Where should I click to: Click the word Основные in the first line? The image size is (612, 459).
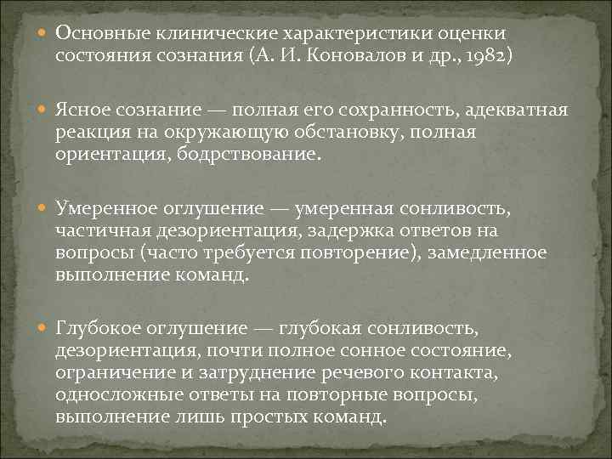point(102,33)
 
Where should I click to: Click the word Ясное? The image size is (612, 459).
point(82,111)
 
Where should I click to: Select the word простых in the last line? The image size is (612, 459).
point(270,416)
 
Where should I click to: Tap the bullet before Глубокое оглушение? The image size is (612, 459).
point(43,329)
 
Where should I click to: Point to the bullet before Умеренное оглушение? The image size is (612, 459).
point(43,209)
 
